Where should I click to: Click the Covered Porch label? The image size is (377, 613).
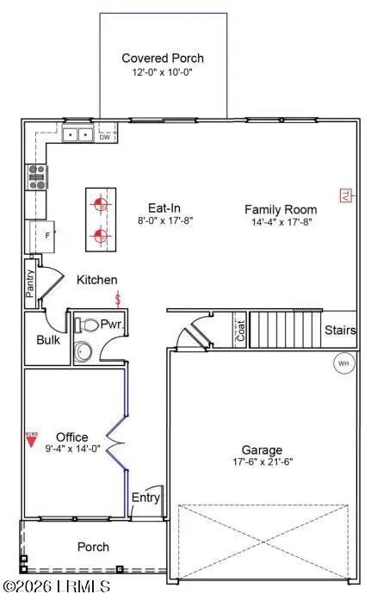click(163, 59)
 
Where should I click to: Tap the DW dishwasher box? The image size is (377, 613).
click(104, 137)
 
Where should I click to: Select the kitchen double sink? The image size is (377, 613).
click(77, 135)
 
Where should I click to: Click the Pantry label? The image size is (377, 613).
click(30, 283)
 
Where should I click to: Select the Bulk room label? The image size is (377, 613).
click(46, 339)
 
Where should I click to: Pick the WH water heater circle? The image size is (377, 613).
click(343, 364)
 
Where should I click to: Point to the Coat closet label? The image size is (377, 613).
click(240, 332)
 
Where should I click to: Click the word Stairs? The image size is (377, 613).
click(340, 331)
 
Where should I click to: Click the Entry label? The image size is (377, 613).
click(145, 498)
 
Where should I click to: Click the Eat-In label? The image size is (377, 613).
click(163, 207)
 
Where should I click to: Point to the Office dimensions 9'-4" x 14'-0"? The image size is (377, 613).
click(71, 449)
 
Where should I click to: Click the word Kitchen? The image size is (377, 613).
click(97, 280)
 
